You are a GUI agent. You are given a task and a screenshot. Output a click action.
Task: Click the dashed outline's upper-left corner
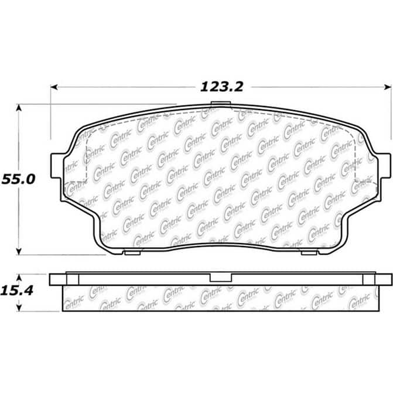tap(88, 134)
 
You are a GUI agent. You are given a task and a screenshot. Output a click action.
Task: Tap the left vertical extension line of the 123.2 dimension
tap(51, 117)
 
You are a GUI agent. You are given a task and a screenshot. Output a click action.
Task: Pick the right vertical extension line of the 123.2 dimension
tap(391, 117)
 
